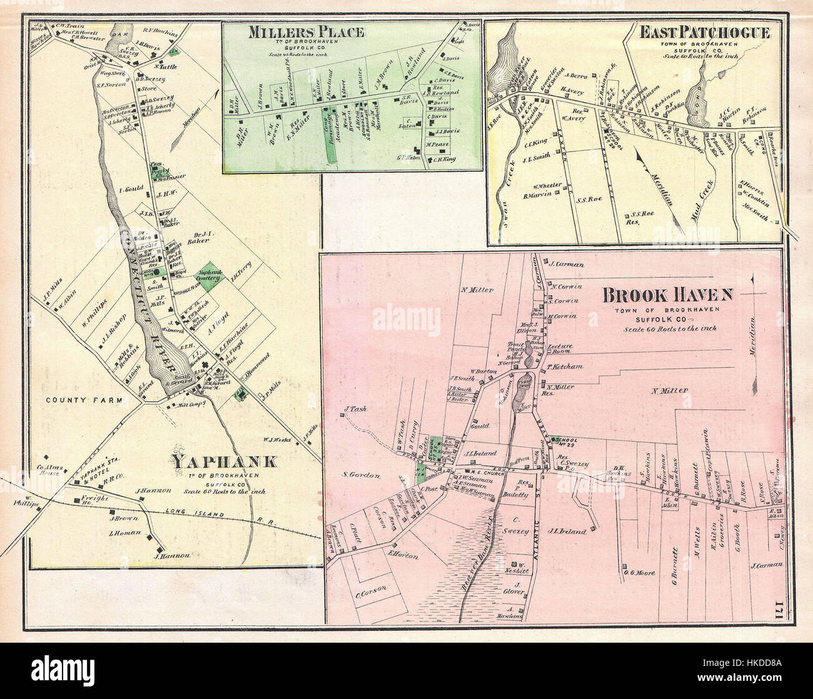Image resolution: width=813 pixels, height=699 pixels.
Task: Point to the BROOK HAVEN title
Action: pyautogui.click(x=668, y=294)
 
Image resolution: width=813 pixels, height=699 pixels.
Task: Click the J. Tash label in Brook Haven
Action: pyautogui.click(x=353, y=411)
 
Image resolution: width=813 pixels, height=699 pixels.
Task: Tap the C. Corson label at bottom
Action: pyautogui.click(x=372, y=587)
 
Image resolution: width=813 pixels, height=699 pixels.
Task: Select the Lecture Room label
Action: pyautogui.click(x=560, y=348)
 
